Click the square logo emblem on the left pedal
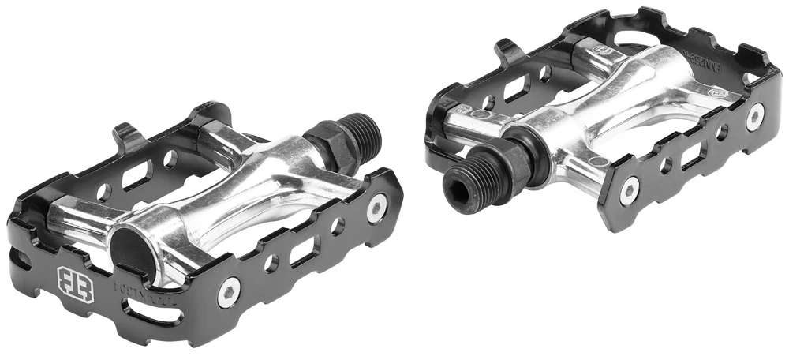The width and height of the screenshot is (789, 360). (x=76, y=285)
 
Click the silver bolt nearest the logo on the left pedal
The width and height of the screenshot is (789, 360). (x=228, y=293)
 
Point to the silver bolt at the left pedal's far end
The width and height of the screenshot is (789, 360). (x=376, y=208)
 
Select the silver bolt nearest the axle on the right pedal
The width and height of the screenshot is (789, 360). (x=630, y=189)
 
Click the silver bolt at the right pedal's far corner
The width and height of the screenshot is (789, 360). (x=755, y=117)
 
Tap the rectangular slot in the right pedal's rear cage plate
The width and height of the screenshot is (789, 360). (x=517, y=87)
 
